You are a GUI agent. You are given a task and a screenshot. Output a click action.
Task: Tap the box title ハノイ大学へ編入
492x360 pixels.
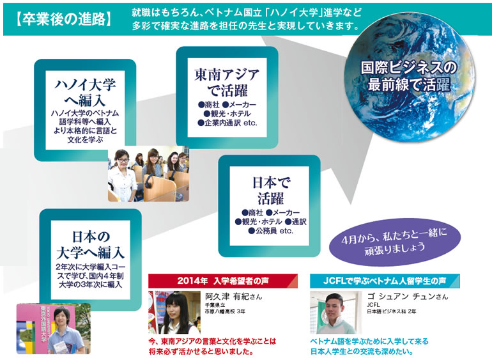[86, 93]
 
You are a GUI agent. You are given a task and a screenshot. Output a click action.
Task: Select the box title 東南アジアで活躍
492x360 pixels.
[227, 82]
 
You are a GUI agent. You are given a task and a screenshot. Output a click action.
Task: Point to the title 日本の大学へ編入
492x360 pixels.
[90, 245]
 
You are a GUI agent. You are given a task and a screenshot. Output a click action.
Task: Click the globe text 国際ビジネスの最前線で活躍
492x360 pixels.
[409, 76]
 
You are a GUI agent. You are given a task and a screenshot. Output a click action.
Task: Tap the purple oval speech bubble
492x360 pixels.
[395, 242]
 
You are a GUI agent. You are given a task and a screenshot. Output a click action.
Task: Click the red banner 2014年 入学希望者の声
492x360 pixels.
[223, 281]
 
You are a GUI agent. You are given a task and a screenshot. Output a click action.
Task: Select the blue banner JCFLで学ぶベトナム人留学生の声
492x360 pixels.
[385, 281]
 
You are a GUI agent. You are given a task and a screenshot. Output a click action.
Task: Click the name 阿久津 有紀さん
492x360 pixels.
[233, 297]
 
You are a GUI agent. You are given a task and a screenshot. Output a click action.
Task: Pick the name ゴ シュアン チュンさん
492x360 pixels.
[408, 297]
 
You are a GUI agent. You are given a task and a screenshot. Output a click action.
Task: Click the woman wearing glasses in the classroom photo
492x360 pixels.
[123, 175]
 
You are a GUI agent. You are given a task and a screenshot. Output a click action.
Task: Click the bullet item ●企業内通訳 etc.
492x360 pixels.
[227, 123]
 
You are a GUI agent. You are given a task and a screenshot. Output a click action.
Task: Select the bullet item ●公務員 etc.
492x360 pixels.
[270, 231]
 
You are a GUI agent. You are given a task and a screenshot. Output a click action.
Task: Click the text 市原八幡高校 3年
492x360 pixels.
[225, 311]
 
